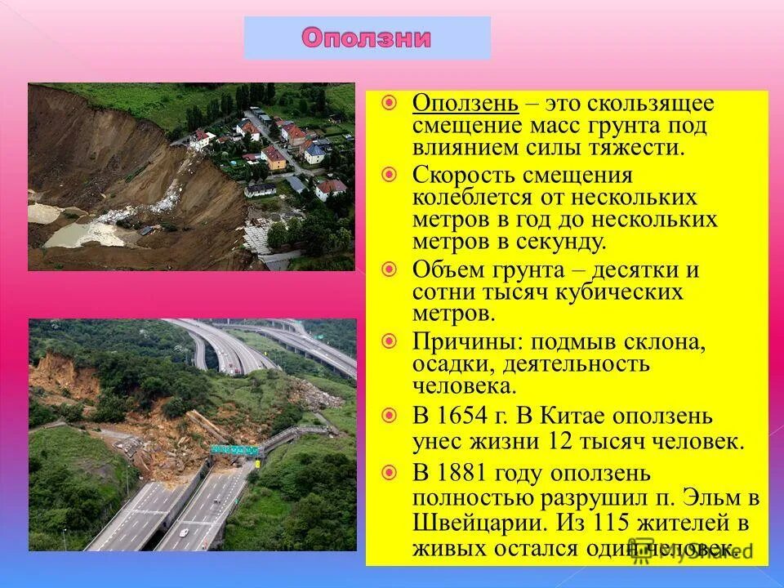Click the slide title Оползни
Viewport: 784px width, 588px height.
point(367,38)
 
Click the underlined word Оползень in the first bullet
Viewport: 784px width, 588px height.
point(465,104)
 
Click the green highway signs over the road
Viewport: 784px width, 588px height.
point(234,449)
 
